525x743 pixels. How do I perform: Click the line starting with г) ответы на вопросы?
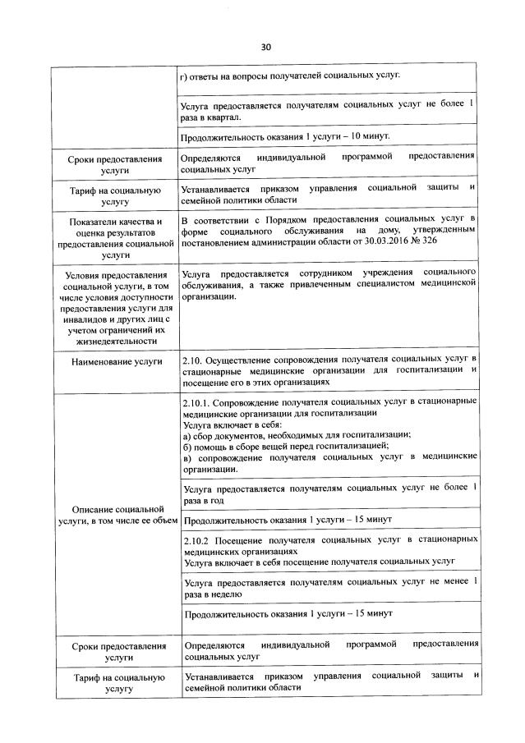290,76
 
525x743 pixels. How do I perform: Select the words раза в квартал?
211,117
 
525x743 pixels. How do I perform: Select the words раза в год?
204,499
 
